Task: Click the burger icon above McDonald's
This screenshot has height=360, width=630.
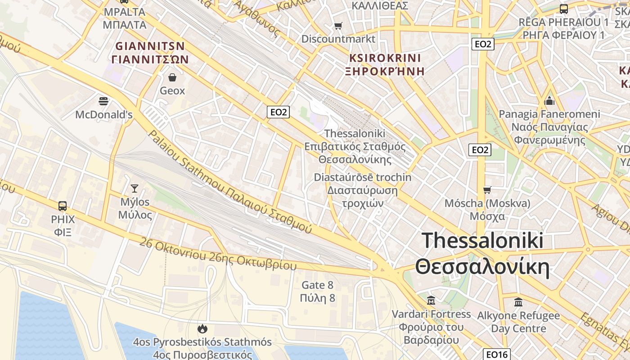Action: click(103, 101)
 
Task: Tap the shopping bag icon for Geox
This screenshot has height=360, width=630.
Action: click(172, 77)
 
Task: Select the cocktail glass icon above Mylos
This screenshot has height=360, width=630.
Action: click(134, 188)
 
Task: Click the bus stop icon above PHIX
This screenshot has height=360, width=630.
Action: click(63, 206)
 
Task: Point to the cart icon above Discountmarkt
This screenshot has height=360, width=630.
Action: click(338, 26)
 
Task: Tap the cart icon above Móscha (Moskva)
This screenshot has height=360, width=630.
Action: click(487, 190)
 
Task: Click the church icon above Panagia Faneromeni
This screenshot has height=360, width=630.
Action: click(549, 101)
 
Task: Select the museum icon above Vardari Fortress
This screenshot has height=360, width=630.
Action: click(431, 300)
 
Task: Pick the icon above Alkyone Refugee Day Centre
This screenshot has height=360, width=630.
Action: click(518, 301)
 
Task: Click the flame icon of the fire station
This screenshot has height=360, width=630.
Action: click(202, 329)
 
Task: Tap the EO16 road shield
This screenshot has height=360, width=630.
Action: click(497, 355)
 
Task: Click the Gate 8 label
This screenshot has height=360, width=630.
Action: click(318, 285)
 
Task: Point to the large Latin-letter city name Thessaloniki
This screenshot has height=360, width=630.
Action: click(482, 241)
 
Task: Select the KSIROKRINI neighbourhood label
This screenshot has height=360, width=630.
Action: click(385, 58)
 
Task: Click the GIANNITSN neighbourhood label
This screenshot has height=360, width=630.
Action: click(150, 46)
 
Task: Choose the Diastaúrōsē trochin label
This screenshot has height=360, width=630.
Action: click(362, 177)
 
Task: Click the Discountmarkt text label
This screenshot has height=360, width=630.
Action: click(338, 39)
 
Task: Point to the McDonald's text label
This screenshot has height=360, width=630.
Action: click(103, 115)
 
